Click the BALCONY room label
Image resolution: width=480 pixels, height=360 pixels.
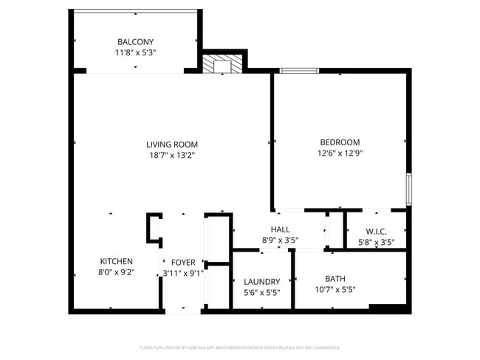[135, 42]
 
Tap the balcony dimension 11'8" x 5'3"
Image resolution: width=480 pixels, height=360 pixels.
[135, 53]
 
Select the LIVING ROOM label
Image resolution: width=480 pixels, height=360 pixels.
[171, 145]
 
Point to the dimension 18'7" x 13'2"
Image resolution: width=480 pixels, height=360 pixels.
[171, 155]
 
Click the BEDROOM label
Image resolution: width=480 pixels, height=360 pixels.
[340, 142]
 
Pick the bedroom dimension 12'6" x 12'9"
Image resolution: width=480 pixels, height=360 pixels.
[340, 153]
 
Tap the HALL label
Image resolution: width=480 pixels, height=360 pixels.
[281, 229]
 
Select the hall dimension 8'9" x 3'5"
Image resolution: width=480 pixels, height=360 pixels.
[281, 240]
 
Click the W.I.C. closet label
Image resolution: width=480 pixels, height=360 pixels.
[376, 231]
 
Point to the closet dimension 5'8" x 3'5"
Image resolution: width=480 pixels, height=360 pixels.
[376, 242]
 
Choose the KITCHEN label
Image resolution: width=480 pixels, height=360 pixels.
[117, 261]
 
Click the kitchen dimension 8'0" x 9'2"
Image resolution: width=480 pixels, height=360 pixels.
[117, 273]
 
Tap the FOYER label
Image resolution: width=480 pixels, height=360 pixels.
[183, 262]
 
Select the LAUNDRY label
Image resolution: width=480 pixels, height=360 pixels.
[261, 281]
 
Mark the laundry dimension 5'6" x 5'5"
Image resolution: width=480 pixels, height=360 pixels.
[261, 292]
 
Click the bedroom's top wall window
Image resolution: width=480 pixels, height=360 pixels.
[299, 71]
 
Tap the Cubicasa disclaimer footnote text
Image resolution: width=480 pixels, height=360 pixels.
[239, 347]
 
